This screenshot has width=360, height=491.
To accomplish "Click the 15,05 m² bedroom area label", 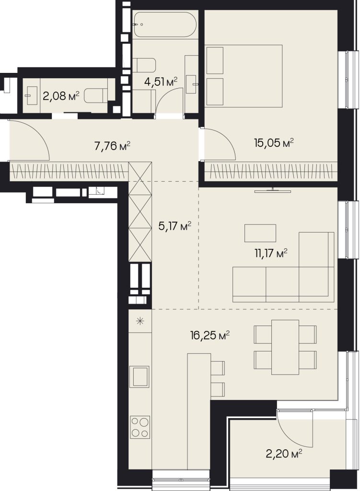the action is point(274,143).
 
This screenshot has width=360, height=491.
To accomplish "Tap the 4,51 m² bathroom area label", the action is point(161,82).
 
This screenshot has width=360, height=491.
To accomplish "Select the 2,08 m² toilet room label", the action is point(61,96).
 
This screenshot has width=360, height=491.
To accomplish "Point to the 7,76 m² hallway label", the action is point(112,146).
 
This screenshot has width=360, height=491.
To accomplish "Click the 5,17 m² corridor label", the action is point(174,226).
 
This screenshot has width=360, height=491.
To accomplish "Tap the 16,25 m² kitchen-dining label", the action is point(210,336).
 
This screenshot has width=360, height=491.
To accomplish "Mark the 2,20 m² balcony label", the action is point(284,454).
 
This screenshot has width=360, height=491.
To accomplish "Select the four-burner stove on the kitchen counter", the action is point(140,426).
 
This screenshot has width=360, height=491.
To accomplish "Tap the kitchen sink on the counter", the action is point(140,377).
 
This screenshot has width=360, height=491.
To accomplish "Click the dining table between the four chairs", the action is point(285,347).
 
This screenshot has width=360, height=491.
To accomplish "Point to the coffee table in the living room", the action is point(260,233).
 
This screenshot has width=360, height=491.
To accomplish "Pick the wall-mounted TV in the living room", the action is point(273,190).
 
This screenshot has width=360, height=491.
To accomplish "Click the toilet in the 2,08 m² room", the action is point(96,95).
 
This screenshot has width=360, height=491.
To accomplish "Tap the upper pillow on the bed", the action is point(215,60).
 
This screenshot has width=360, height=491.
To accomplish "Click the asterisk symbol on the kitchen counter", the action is point(140,320).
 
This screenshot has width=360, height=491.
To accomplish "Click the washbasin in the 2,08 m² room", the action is point(32,95).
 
